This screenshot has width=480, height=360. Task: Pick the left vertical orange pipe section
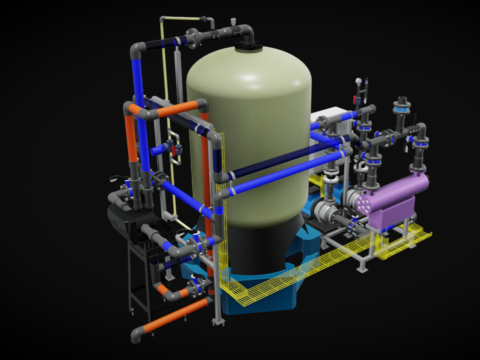[x=130, y=141]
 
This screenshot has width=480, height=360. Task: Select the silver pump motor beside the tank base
[x=325, y=209]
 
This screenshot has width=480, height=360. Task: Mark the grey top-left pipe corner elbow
[x=133, y=46]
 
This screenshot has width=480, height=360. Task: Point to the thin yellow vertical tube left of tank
[x=165, y=120]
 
